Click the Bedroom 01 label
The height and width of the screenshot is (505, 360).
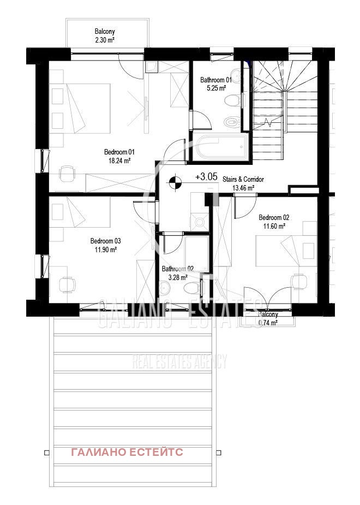[119, 152]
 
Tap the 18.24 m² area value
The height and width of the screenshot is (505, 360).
[119, 161]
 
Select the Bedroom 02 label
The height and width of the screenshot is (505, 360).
[274, 217]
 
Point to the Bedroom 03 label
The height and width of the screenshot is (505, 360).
[105, 241]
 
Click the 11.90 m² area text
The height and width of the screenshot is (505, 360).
[105, 249]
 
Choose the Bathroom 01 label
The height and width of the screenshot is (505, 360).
[215, 79]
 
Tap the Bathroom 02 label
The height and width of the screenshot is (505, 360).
[177, 269]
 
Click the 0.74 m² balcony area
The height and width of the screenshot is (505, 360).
[268, 323]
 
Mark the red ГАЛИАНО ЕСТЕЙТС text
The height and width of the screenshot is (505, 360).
[127, 452]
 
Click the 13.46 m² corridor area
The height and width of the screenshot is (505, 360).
[243, 188]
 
